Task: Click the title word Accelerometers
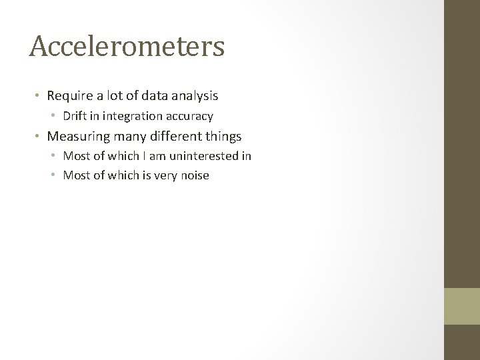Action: [127, 47]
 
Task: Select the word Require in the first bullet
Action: [69, 96]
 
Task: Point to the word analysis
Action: [196, 96]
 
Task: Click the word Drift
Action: [76, 117]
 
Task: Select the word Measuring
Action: [77, 137]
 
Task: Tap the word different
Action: [170, 137]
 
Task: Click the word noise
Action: [194, 176]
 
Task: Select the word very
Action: [163, 176]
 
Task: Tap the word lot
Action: [111, 96]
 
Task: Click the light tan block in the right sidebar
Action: [462, 306]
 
